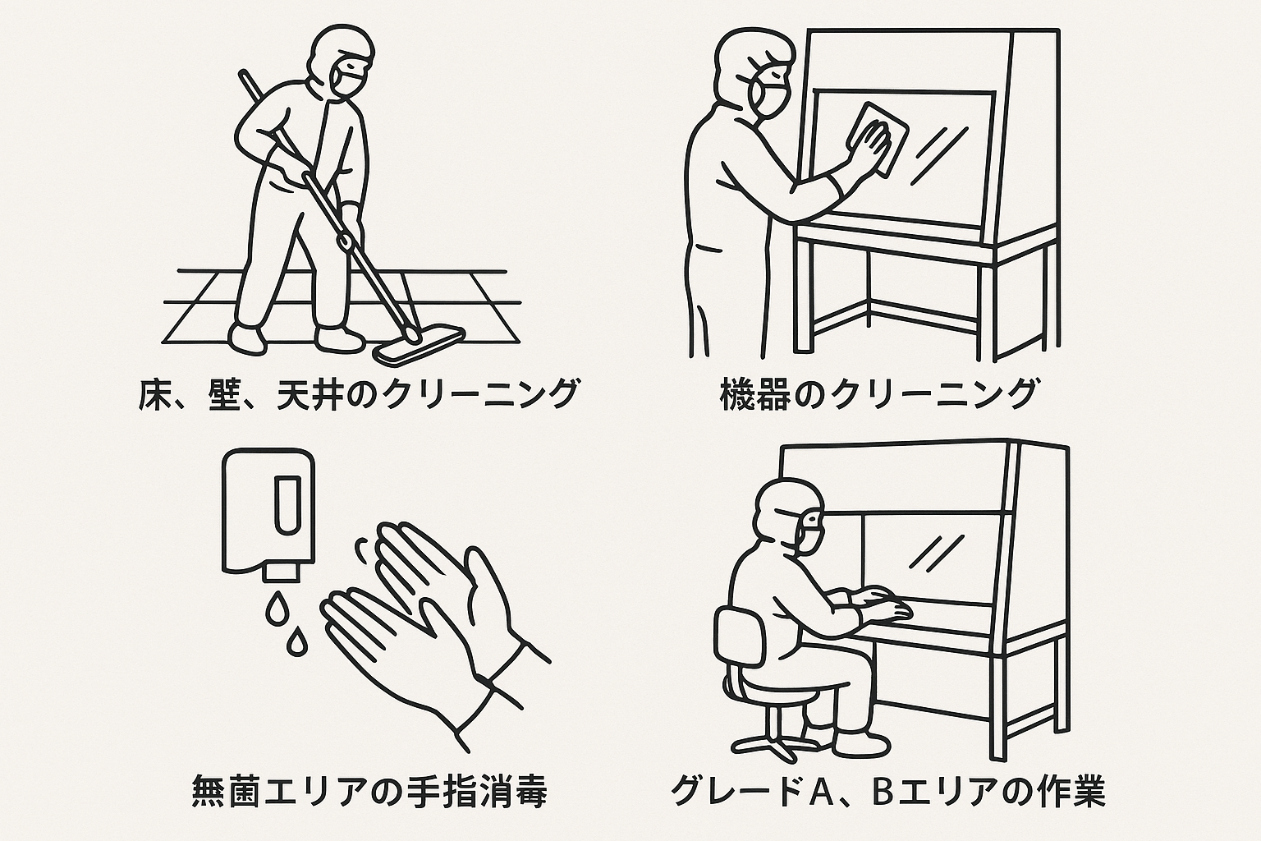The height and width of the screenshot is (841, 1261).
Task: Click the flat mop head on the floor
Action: coord(420,345)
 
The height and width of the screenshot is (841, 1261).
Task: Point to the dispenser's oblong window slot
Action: coord(287,505)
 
